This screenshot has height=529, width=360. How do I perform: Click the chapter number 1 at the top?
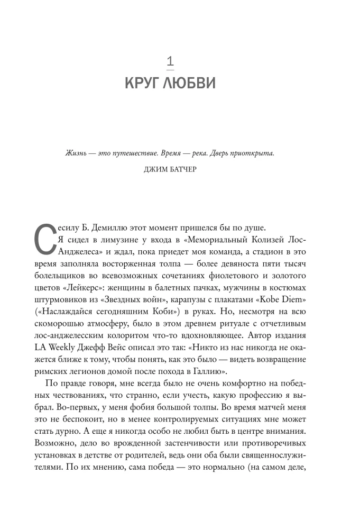[x=170, y=62]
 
